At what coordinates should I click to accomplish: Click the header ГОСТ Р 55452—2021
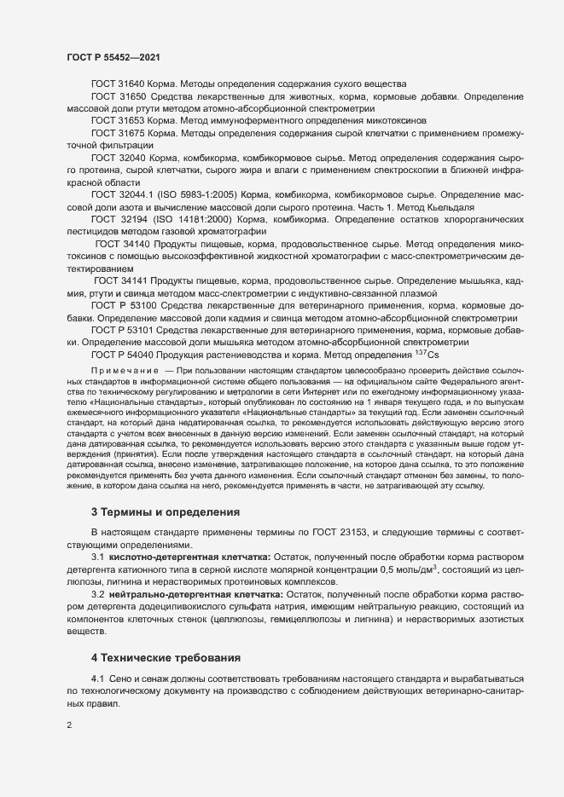click(112, 57)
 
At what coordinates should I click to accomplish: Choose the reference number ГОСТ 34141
click(120, 280)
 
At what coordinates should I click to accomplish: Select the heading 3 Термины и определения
click(166, 512)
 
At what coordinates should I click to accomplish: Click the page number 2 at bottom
click(69, 725)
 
